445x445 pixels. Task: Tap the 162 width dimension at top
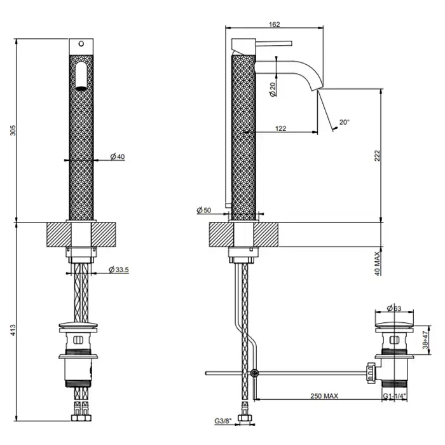pyautogui.click(x=275, y=25)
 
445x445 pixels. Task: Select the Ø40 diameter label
pyautogui.click(x=116, y=157)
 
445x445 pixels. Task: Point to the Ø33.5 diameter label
pyautogui.click(x=119, y=270)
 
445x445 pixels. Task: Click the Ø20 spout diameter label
pyautogui.click(x=272, y=89)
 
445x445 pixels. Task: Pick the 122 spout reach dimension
pyautogui.click(x=280, y=128)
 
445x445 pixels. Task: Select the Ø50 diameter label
pyautogui.click(x=204, y=210)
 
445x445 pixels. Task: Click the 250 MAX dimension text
pyautogui.click(x=325, y=396)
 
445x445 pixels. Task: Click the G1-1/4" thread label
pyautogui.click(x=395, y=396)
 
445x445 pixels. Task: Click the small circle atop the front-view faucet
pyautogui.click(x=81, y=44)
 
